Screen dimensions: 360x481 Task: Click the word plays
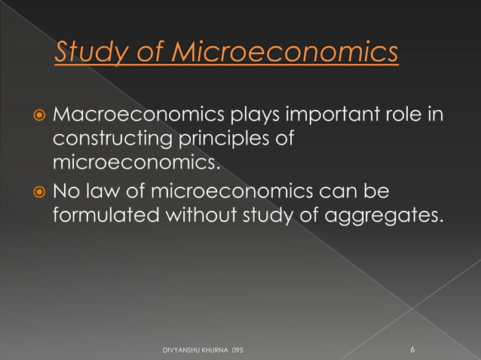[x=247, y=117]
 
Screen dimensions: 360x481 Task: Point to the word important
[x=332, y=117]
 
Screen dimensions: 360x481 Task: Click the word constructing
[x=104, y=139]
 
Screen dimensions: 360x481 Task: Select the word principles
[x=219, y=140]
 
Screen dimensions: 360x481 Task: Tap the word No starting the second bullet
[x=65, y=194]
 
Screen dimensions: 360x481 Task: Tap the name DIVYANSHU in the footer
[x=183, y=350]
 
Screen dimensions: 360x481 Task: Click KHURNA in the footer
[x=217, y=350]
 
